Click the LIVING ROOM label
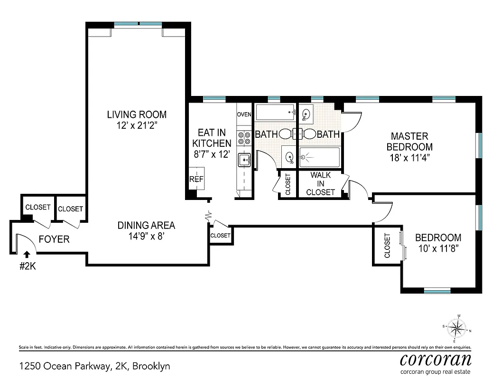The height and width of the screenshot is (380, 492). (x=137, y=114)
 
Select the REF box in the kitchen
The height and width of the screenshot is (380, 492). (x=196, y=179)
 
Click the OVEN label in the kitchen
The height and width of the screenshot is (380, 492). (x=244, y=114)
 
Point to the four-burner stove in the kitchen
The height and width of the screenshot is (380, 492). (x=244, y=138)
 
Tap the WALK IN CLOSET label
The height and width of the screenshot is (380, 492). (x=320, y=184)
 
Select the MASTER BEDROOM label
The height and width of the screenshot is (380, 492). (x=409, y=141)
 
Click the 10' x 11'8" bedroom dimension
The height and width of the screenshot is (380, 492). (x=437, y=248)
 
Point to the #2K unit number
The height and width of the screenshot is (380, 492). (x=28, y=266)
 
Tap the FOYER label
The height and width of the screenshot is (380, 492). (x=54, y=239)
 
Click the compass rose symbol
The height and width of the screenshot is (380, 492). (x=457, y=328)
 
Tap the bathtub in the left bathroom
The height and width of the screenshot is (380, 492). (x=275, y=114)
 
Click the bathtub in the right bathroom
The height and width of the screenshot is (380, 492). (x=319, y=157)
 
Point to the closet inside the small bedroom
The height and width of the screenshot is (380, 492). (x=387, y=246)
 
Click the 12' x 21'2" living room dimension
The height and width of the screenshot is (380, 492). (x=137, y=125)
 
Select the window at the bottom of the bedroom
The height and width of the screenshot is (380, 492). (x=436, y=291)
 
